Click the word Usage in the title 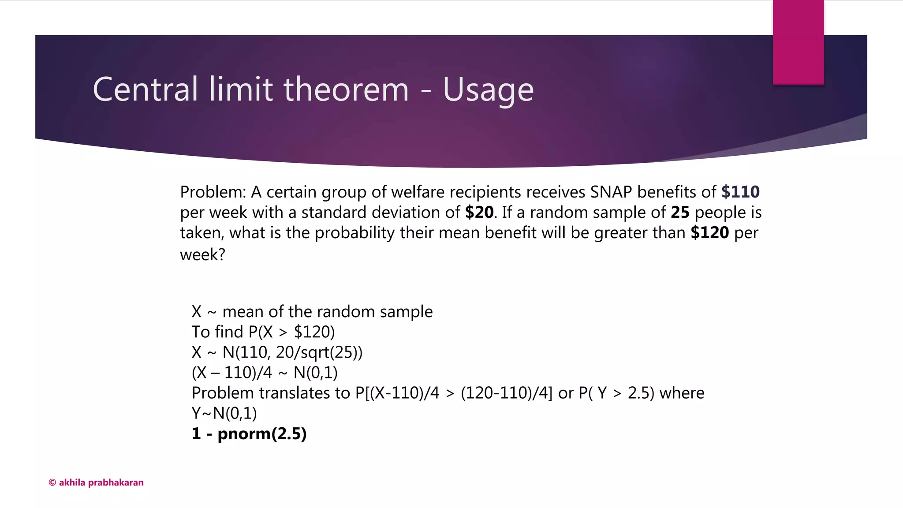[x=488, y=90]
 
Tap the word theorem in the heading [x=346, y=90]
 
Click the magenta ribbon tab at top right [x=798, y=42]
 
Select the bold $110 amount [x=740, y=192]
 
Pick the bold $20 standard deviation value [x=479, y=213]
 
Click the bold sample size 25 [x=680, y=213]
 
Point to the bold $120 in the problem [x=709, y=233]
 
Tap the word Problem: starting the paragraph [x=213, y=192]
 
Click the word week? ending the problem [x=202, y=255]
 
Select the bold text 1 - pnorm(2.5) [x=249, y=434]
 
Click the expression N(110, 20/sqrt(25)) [x=292, y=352]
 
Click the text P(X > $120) [x=291, y=332]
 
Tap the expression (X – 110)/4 [x=232, y=373]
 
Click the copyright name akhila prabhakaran [x=101, y=482]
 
